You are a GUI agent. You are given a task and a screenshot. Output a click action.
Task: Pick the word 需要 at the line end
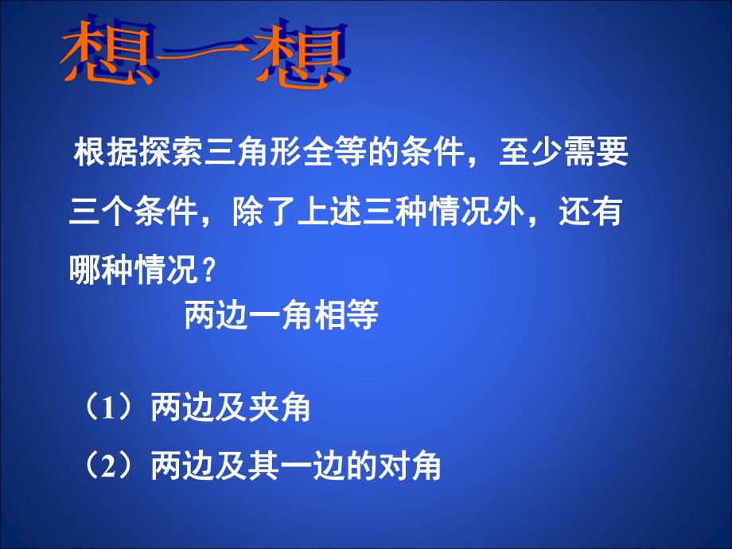(x=594, y=152)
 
